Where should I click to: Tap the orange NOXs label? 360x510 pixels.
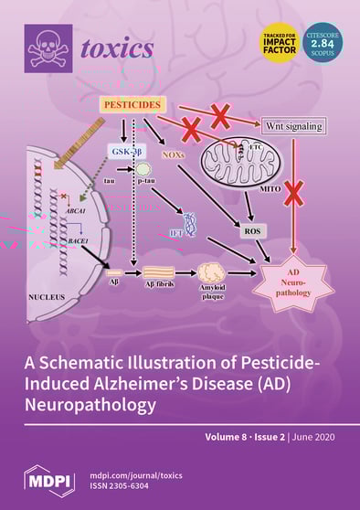pos(174,155)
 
